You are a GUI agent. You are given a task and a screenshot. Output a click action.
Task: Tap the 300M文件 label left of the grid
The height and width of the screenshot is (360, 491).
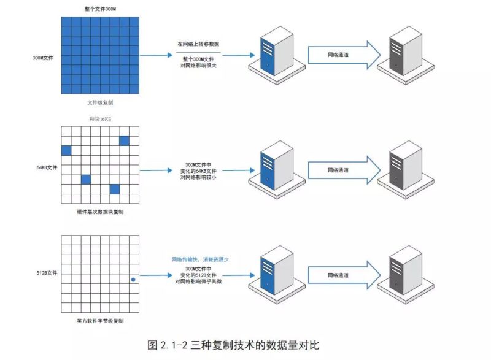pyautogui.click(x=44, y=58)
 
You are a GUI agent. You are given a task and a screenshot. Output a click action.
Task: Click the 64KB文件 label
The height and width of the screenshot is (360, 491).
pyautogui.click(x=46, y=166)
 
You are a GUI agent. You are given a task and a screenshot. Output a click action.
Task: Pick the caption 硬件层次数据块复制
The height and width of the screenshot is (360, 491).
pyautogui.click(x=100, y=212)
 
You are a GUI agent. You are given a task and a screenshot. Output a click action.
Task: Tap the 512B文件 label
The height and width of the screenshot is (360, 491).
pyautogui.click(x=46, y=272)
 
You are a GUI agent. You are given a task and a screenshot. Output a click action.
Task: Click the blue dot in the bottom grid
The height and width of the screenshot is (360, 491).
pyautogui.click(x=133, y=280)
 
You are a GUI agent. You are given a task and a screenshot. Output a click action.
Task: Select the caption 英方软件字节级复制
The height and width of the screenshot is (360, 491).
pyautogui.click(x=100, y=321)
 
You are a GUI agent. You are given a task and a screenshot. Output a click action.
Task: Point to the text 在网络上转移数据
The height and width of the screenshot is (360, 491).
pyautogui.click(x=198, y=45)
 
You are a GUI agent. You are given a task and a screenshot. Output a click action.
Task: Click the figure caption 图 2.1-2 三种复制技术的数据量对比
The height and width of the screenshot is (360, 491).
pyautogui.click(x=234, y=345)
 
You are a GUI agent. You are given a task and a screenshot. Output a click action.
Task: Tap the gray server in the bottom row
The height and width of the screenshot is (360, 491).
pyautogui.click(x=406, y=273)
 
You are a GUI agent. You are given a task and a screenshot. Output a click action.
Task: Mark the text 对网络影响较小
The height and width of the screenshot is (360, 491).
pyautogui.click(x=198, y=177)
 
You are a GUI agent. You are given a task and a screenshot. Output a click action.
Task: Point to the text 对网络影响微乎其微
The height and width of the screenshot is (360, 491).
pyautogui.click(x=198, y=282)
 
